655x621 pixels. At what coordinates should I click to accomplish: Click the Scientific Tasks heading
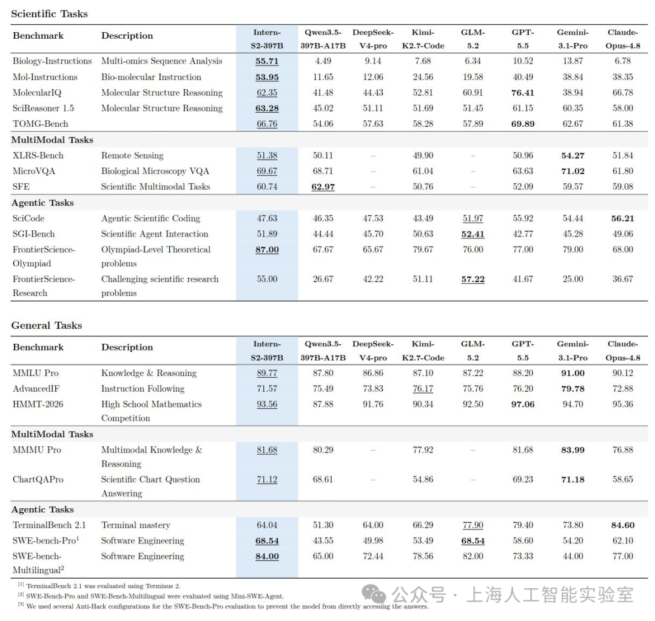coord(49,14)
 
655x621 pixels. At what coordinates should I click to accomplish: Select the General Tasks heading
coord(46,325)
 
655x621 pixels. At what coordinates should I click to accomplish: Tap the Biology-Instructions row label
coord(52,61)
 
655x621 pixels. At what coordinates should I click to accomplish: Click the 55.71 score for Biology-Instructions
coord(267,61)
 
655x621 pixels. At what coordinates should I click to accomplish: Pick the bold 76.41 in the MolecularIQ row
coord(523,93)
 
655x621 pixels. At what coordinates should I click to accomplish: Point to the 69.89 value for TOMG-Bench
coord(523,124)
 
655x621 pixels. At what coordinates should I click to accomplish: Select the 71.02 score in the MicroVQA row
coord(573,171)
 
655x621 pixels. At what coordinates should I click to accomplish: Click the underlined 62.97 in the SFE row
coord(323,187)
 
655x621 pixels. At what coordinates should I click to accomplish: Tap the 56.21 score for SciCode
coord(622,218)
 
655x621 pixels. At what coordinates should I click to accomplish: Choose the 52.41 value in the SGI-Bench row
coord(473,234)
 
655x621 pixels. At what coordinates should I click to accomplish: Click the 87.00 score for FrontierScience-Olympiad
coord(267,250)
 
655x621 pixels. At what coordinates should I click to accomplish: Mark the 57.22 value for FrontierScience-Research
coord(473,279)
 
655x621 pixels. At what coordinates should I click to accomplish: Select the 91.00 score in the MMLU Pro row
coord(573,373)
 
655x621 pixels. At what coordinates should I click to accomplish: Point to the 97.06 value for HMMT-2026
coord(523,404)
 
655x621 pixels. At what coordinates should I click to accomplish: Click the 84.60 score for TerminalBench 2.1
coord(622,525)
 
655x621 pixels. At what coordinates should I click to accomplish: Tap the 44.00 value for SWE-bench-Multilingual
coord(573,556)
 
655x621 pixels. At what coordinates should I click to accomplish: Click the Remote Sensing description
coord(132,155)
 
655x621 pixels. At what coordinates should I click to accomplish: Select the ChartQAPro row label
coord(38,480)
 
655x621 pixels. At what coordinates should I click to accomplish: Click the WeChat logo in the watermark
coord(374,594)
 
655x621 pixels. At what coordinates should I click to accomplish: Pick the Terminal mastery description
coord(136,525)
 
